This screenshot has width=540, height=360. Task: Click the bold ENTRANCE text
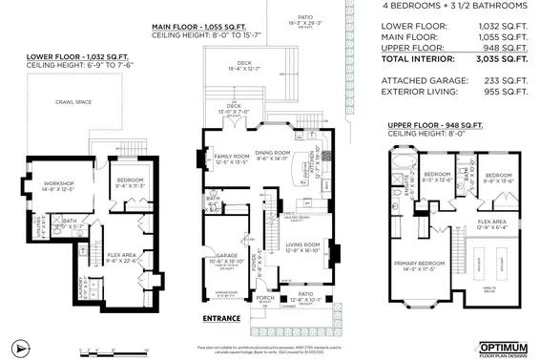(221, 318)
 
